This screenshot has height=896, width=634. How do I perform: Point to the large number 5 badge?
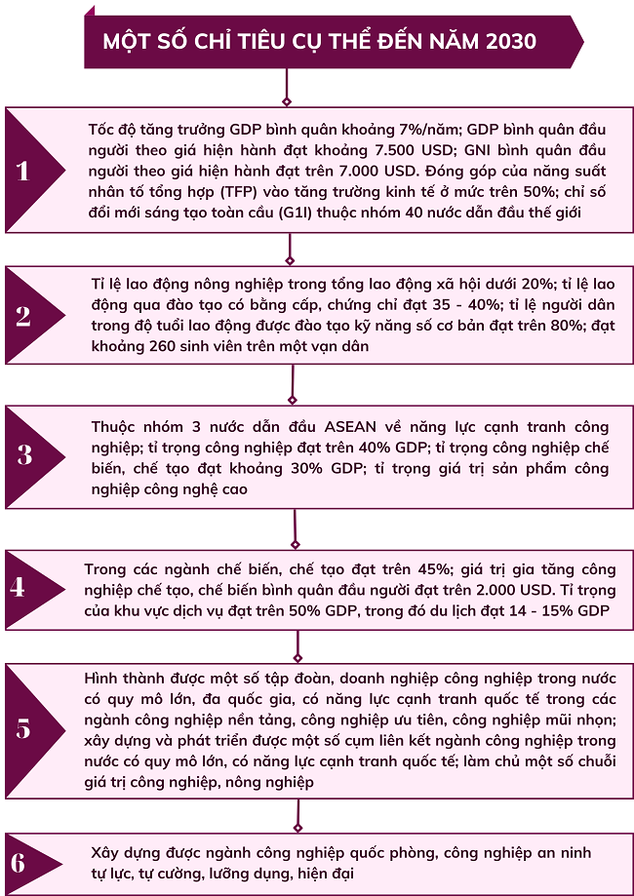pos(23,729)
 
